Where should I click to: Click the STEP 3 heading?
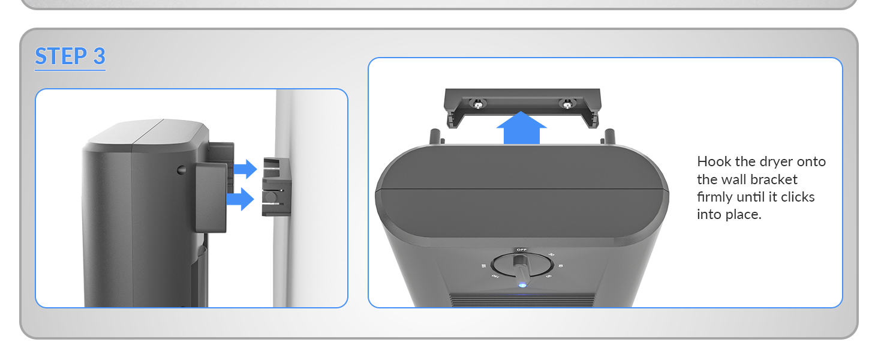pos(70,56)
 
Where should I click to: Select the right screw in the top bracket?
pos(566,104)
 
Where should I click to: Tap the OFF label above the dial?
pos(522,249)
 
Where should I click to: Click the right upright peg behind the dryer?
pos(609,135)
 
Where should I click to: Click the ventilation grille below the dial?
pos(522,299)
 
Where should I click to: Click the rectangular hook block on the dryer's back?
pos(211,197)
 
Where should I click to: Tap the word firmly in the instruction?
pos(716,197)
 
